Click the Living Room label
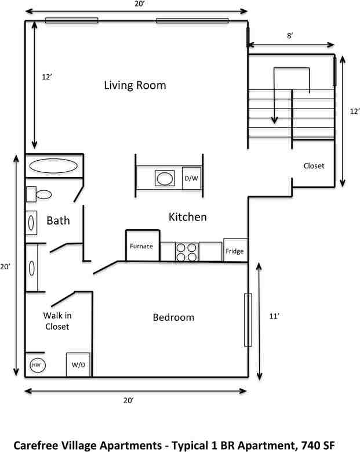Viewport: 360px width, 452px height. click(x=135, y=85)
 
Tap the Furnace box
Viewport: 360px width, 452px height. click(x=143, y=245)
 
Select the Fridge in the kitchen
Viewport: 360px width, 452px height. click(x=235, y=250)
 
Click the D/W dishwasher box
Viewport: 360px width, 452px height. click(x=191, y=178)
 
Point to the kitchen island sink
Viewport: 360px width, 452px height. click(x=165, y=179)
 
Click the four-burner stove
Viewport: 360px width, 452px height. click(x=187, y=252)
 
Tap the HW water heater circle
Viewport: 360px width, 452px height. click(x=38, y=365)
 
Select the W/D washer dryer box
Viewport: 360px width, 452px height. click(x=78, y=364)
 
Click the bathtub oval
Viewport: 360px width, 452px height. click(x=53, y=166)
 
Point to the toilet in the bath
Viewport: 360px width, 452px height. click(x=39, y=194)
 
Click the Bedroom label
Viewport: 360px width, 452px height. click(x=173, y=317)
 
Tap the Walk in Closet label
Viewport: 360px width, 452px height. click(x=57, y=321)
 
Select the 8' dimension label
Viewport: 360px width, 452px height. click(x=290, y=35)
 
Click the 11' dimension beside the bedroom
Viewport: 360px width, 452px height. click(x=274, y=316)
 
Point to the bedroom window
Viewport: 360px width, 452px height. click(x=248, y=320)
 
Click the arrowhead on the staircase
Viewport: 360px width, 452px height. click(x=274, y=120)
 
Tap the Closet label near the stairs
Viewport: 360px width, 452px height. click(x=314, y=166)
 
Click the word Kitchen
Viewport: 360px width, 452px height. click(x=187, y=217)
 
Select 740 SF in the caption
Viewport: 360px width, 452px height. click(x=318, y=446)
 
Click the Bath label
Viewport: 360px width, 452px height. click(x=58, y=220)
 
